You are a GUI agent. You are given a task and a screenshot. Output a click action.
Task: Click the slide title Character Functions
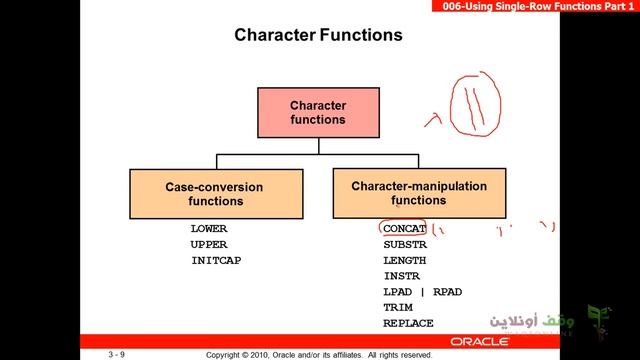[318, 36]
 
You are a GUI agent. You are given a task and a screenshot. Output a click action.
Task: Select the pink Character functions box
[317, 112]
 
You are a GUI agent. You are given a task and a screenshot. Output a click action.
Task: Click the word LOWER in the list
[209, 229]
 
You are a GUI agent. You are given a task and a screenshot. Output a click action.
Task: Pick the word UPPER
[209, 244]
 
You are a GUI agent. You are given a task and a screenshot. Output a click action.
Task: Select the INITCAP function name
[216, 260]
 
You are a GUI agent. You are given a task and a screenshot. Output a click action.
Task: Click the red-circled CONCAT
[404, 229]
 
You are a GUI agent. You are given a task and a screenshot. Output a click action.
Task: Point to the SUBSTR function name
[404, 244]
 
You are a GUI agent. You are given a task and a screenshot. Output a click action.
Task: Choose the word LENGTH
[404, 260]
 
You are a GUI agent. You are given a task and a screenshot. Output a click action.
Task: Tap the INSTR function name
[401, 276]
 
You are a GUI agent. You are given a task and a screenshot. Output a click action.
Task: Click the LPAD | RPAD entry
[423, 292]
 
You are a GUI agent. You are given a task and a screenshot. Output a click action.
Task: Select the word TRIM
[397, 308]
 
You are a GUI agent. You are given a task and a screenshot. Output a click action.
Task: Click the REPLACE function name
[408, 323]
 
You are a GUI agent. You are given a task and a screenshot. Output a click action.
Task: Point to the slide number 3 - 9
[117, 354]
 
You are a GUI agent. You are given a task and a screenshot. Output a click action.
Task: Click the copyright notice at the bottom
[318, 354]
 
